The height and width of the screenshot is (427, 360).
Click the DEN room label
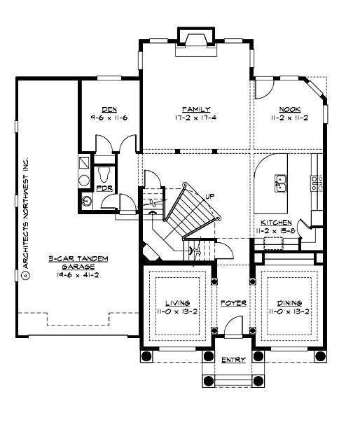tap(109, 109)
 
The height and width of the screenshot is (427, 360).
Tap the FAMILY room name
tap(196, 109)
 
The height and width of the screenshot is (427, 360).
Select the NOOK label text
tap(289, 109)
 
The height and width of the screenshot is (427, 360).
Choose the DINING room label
tap(289, 302)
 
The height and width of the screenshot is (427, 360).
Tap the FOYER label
tap(233, 303)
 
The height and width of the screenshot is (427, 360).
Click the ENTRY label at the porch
tap(233, 360)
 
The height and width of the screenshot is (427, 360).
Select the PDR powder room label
tap(104, 188)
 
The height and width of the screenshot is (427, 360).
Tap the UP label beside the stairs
tap(210, 196)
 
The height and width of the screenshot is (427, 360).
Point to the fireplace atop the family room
tap(195, 38)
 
